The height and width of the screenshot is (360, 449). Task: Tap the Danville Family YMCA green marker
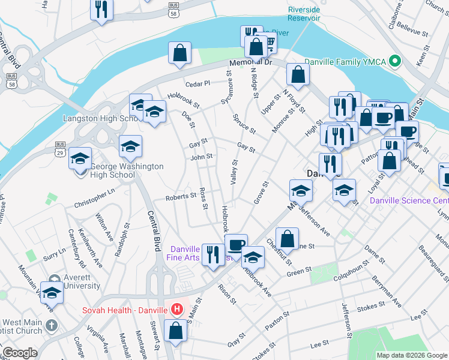395,61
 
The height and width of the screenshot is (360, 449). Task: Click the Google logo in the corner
19,353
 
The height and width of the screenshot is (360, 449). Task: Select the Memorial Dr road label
250,63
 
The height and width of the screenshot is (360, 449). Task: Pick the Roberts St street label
181,196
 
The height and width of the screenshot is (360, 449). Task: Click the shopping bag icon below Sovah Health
176,331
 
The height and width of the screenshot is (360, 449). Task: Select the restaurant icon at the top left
101,9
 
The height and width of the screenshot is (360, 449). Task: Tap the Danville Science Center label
409,200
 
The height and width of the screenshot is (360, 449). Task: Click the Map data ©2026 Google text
411,355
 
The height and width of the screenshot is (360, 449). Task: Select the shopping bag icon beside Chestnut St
288,238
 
